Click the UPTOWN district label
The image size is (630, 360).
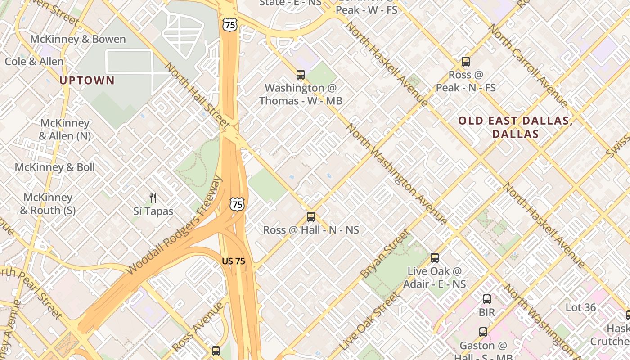click(87, 81)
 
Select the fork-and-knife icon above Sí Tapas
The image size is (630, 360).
click(153, 198)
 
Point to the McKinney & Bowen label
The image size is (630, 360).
click(78, 39)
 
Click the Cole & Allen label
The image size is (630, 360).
click(34, 61)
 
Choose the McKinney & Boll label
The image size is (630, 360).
click(55, 167)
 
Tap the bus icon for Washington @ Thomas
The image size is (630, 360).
click(301, 75)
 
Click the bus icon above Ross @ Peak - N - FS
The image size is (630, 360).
click(466, 62)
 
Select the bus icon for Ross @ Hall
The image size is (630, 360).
click(311, 217)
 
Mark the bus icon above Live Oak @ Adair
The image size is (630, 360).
click(435, 258)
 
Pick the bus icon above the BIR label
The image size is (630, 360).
click(487, 299)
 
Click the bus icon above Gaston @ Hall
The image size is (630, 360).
click(483, 332)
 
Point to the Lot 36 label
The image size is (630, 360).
click(580, 308)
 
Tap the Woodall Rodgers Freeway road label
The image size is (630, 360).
click(175, 225)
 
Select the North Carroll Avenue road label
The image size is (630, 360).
click(526, 65)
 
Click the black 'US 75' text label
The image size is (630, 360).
click(234, 261)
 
